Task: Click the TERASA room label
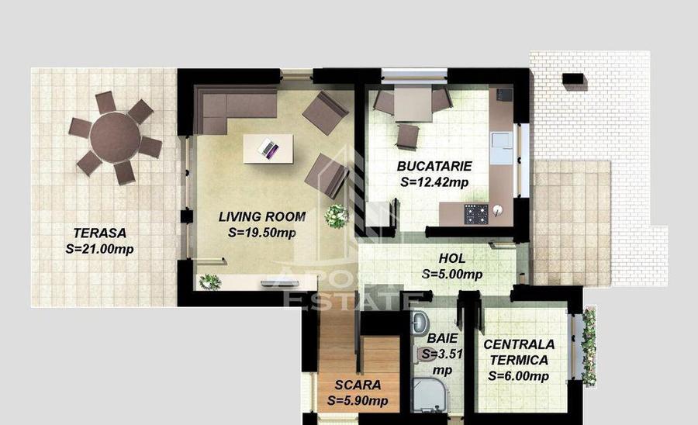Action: (99, 232)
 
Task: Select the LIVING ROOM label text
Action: (261, 216)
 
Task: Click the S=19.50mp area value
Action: (261, 232)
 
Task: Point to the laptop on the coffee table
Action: (268, 147)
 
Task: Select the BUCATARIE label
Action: (434, 166)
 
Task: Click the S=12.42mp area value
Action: (434, 183)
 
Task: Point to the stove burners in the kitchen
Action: (475, 212)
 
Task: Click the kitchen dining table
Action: (413, 105)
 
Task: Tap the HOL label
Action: (452, 258)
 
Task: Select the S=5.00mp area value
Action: (452, 274)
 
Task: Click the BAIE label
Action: (442, 339)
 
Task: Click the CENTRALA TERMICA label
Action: (518, 352)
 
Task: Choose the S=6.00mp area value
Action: (518, 376)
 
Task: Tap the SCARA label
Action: (358, 385)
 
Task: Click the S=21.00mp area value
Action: (99, 249)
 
